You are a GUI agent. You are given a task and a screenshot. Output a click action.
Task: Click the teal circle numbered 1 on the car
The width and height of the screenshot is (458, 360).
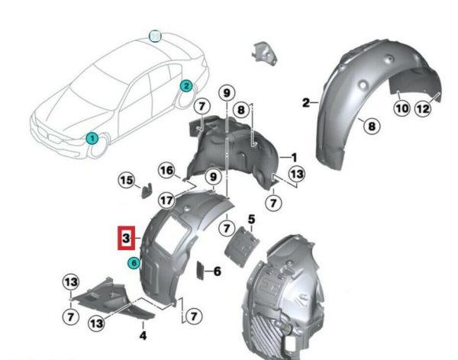(x=92, y=138)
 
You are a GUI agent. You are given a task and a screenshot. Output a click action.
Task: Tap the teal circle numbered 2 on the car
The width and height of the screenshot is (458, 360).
(x=186, y=86)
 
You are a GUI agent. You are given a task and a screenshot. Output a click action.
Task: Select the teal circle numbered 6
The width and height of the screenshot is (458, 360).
(x=134, y=263)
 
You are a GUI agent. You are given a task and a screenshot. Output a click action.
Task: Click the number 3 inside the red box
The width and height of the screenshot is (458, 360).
(x=126, y=238)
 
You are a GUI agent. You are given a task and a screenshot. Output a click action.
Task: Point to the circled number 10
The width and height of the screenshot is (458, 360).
(x=402, y=108)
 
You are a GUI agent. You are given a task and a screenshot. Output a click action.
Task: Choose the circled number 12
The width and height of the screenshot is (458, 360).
(x=423, y=108)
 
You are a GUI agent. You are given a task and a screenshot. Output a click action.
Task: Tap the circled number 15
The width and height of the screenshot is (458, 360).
(x=127, y=181)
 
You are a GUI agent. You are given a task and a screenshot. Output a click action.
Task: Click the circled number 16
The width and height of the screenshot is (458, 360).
(x=166, y=170)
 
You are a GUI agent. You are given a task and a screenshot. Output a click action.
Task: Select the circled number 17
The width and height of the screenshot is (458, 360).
(x=166, y=201)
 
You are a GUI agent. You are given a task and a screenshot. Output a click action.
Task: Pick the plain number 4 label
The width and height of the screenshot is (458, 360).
(x=143, y=336)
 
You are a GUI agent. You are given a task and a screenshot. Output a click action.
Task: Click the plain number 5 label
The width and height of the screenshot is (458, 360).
(x=251, y=219)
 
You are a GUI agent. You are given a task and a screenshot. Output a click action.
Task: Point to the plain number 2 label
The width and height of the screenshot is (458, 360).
(x=306, y=103)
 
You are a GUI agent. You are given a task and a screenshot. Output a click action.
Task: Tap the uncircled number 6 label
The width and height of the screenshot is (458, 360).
(x=218, y=272)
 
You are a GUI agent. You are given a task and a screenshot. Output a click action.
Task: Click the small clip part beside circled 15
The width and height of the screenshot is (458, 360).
(x=147, y=190)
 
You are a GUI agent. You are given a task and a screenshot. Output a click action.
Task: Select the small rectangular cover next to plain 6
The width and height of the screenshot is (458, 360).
(x=200, y=271)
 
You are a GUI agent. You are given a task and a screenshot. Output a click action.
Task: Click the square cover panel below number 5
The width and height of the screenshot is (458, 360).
(x=241, y=246)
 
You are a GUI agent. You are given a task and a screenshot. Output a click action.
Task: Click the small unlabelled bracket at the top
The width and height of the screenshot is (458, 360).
(x=264, y=53)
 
